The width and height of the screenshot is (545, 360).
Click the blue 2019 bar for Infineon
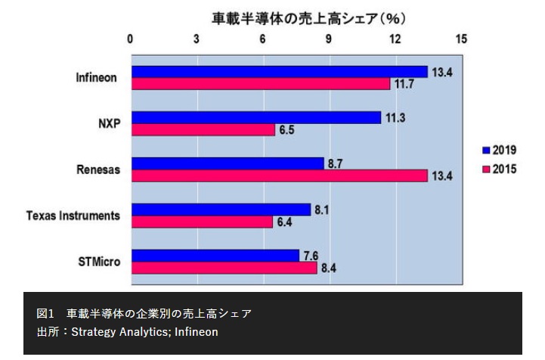pos(280,72)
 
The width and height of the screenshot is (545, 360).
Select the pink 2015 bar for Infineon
pos(261,84)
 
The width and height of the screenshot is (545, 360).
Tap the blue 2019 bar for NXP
pos(256,117)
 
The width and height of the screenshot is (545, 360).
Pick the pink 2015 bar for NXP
pos(203,129)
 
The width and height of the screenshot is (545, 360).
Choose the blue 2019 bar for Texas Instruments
pos(221,209)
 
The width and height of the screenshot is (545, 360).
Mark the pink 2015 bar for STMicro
pos(225,267)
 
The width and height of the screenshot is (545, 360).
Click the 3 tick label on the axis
pos(197,39)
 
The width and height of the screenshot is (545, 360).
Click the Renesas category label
pos(98,169)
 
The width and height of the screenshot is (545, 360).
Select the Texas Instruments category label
pos(73,216)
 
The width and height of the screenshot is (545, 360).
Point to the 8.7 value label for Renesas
pos(334,163)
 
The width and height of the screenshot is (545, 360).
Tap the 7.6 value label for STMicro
pos(311,255)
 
